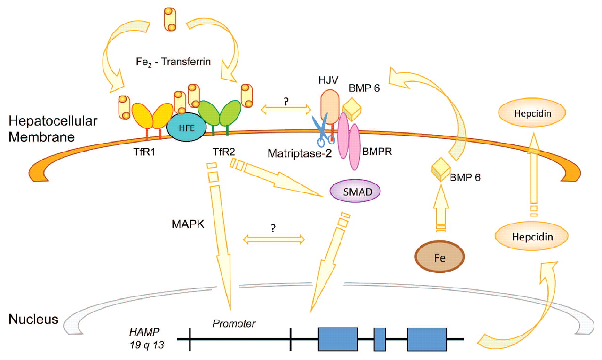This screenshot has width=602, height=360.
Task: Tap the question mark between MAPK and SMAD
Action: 273,227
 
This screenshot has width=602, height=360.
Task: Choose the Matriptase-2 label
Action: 297,154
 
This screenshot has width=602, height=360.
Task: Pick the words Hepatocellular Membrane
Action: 52,128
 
